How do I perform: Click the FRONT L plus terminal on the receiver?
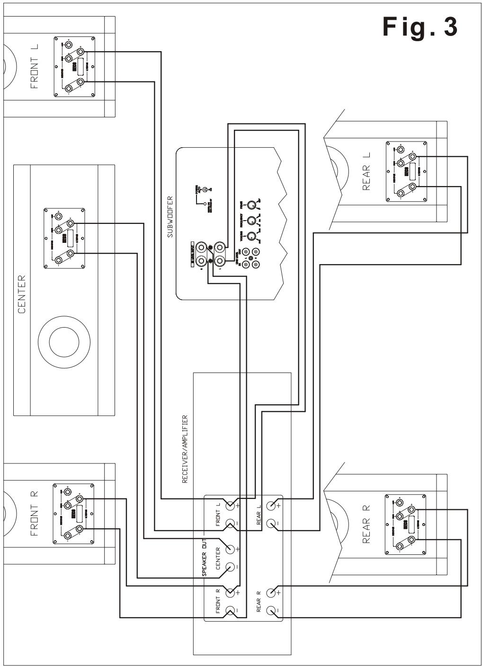[231, 506]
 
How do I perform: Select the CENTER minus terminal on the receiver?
[231, 567]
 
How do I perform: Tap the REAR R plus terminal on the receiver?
[271, 593]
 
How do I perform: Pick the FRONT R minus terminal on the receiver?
[231, 610]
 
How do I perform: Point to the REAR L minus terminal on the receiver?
[271, 524]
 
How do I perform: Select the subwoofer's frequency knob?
[252, 221]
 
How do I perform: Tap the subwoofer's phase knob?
[252, 205]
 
